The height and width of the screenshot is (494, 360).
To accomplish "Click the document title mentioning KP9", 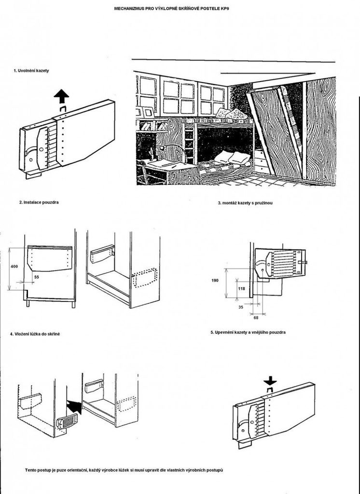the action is click(x=171, y=9).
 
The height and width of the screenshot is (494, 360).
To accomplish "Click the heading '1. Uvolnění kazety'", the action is click(x=31, y=71).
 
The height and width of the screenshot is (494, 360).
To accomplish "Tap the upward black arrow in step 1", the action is click(x=61, y=96).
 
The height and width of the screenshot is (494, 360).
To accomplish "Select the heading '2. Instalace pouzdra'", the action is click(x=39, y=202).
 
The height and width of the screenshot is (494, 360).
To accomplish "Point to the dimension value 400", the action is click(x=14, y=266).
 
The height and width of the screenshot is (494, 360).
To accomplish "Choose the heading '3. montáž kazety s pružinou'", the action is click(x=245, y=203).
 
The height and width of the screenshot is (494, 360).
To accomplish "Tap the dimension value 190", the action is click(x=216, y=281).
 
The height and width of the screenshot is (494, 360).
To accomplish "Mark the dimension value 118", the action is click(x=241, y=288).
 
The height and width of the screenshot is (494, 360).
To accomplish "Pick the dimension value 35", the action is click(x=240, y=307).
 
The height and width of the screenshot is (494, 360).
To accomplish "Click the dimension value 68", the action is click(x=256, y=318).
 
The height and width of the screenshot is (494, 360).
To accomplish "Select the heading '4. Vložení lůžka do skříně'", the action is click(x=35, y=334).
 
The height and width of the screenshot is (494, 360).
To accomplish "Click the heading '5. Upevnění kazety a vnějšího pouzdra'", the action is click(x=248, y=332).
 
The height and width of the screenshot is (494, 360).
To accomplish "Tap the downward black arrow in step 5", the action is click(x=270, y=382).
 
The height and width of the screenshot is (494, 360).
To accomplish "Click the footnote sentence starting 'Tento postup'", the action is click(x=124, y=470).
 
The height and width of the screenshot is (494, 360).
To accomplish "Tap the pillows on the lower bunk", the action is click(x=233, y=157).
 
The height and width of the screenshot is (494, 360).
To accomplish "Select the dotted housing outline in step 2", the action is click(x=145, y=277).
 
